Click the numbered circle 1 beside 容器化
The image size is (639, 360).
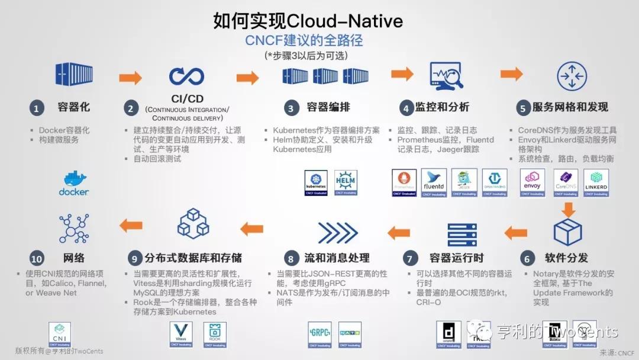(x=37, y=108)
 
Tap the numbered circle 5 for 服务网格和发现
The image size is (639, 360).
(x=522, y=108)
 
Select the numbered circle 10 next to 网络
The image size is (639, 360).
(x=37, y=259)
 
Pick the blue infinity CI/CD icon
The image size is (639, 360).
(x=186, y=76)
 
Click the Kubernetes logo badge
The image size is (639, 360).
(x=316, y=182)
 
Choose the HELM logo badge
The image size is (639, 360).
(x=346, y=182)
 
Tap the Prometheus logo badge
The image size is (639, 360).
(x=405, y=182)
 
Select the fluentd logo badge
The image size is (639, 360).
(x=434, y=182)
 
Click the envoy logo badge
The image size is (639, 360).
(x=532, y=182)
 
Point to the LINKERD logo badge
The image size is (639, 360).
(x=596, y=182)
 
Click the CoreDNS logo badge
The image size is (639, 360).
(x=566, y=182)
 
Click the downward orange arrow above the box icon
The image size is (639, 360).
(x=569, y=209)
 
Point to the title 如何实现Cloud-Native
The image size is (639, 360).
(x=308, y=21)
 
